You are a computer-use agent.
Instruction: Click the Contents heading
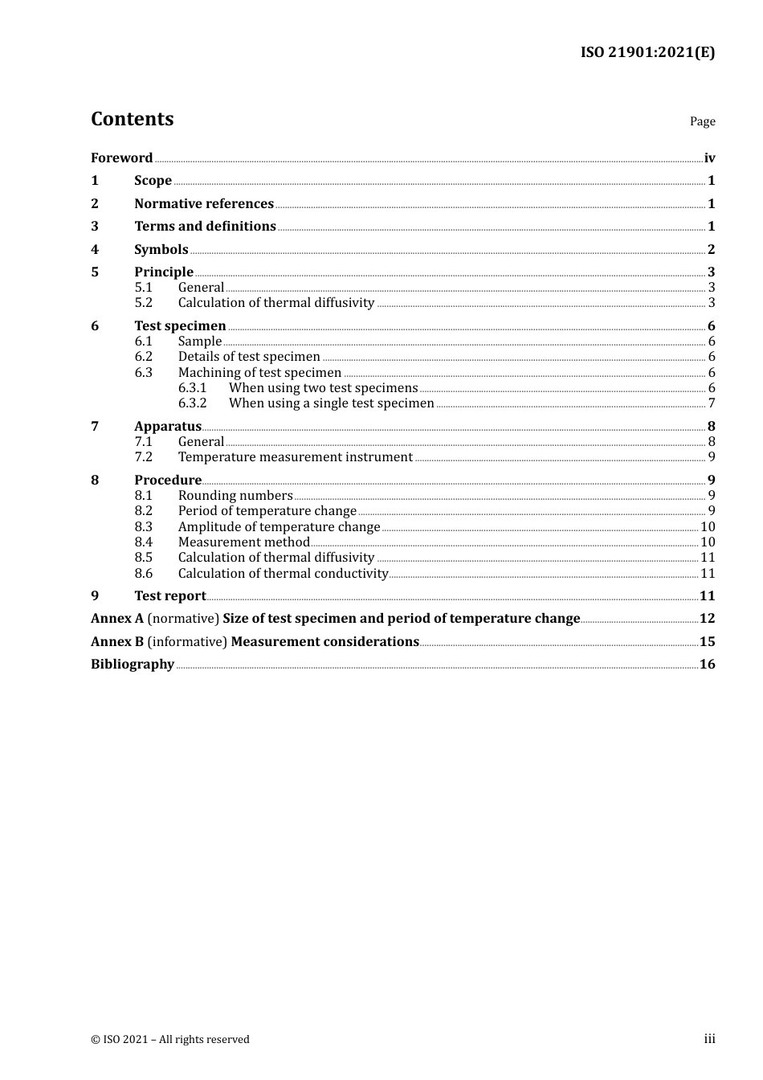point(132,119)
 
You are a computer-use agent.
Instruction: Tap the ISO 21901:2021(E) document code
point(647,53)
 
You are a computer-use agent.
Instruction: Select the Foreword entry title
point(121,158)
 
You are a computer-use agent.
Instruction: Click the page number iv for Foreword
point(709,158)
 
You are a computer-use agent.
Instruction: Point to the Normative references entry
point(204,204)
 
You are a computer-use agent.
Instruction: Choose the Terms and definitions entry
point(205,227)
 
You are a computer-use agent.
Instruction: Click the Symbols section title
point(161,250)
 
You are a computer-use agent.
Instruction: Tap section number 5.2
point(143,303)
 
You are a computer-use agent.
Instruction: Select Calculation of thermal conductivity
point(283,574)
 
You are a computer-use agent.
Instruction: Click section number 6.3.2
point(192,403)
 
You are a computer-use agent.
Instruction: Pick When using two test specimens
point(323,388)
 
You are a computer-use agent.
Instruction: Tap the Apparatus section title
point(168,427)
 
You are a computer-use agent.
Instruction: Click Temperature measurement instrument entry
point(295,457)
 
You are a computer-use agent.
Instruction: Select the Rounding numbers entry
point(235,496)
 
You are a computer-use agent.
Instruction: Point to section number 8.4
point(143,542)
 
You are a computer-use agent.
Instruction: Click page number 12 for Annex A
point(707,619)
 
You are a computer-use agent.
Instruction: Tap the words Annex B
point(117,642)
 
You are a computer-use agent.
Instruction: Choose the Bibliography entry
point(133,665)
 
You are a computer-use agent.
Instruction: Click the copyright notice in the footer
point(170,1040)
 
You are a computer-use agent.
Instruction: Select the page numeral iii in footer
point(709,1039)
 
